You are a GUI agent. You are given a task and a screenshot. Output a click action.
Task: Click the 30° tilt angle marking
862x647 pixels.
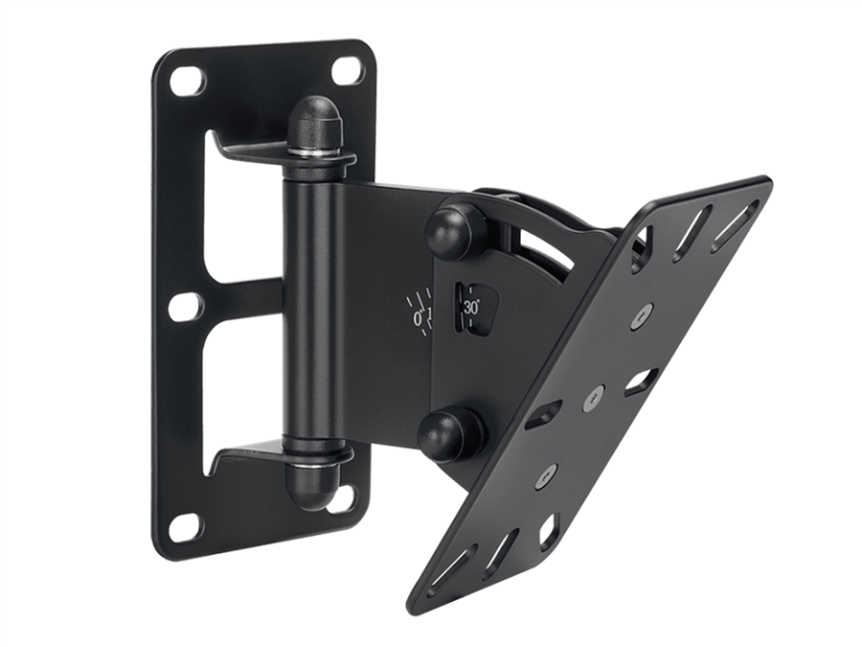click(x=471, y=308)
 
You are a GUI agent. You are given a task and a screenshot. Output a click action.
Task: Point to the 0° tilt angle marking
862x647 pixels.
click(x=419, y=318)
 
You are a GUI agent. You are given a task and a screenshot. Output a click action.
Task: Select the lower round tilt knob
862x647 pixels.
click(x=445, y=432)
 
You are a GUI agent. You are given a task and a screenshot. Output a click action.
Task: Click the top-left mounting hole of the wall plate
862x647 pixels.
click(x=184, y=81)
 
